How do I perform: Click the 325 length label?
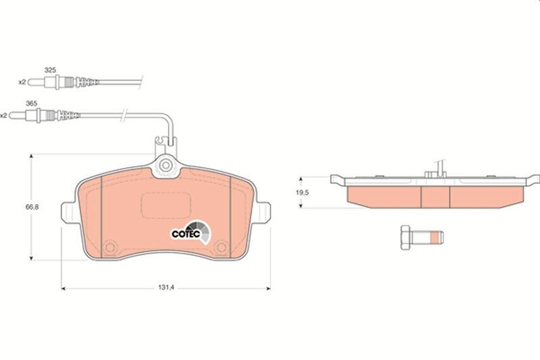[49, 70]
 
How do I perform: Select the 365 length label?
[49, 103]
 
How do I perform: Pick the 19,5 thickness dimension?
[304, 192]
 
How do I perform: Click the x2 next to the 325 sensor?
[22, 82]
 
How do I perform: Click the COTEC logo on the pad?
[187, 234]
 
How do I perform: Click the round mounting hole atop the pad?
[166, 165]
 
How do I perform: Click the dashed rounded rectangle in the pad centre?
[166, 205]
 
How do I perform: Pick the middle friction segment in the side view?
[435, 195]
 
